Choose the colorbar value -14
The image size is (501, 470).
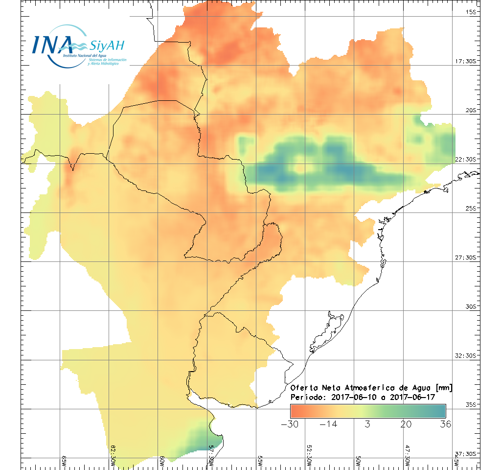pos(328,424)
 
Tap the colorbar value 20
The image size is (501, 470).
pos(406,424)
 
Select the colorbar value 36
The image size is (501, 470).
pos(445,424)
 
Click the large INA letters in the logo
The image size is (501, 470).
pos(52,45)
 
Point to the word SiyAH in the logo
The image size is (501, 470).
pos(107,46)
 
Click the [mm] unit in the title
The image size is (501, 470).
pos(443,388)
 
